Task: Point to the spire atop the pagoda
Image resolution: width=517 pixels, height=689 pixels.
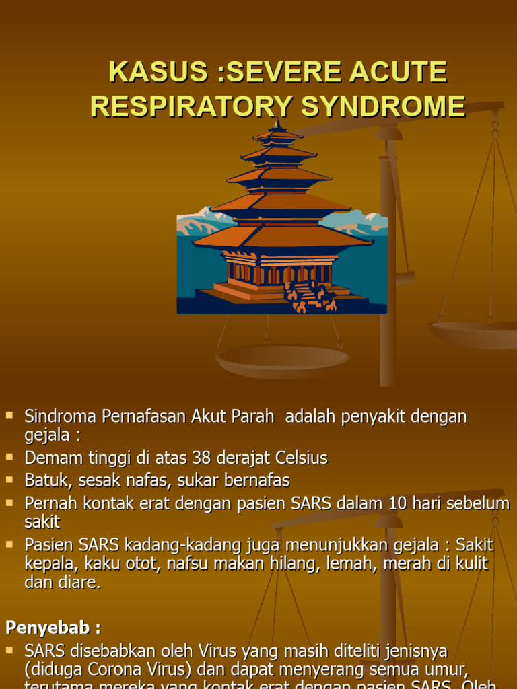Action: coord(277,124)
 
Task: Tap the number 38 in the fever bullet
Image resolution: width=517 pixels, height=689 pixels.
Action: coord(201,458)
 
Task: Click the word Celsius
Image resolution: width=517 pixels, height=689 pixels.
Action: coord(302,458)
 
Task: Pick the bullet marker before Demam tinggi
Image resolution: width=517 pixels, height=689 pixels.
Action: coord(9,456)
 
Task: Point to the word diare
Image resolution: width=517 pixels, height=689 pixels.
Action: coord(81,583)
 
